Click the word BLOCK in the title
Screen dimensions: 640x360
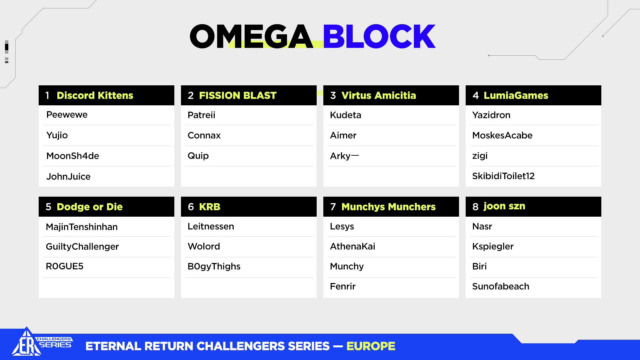[379, 36]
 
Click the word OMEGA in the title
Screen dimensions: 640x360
[252, 36]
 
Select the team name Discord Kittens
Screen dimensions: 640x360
[95, 95]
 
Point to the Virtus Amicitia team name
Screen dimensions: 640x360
[379, 95]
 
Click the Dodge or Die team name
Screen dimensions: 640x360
[90, 207]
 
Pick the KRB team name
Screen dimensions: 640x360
[210, 207]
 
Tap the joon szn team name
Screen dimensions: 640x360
[504, 206]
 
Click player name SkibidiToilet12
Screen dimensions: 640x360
[503, 176]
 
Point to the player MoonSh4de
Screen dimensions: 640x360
[73, 156]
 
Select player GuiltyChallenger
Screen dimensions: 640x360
[82, 247]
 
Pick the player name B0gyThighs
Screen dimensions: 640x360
[214, 267]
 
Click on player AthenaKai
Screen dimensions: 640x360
[353, 246]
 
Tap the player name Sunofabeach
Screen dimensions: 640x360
[501, 286]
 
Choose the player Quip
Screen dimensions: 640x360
[198, 156]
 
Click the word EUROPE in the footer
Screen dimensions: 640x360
[371, 346]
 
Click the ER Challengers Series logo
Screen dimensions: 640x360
[42, 342]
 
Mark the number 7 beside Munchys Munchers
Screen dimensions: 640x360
[333, 207]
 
